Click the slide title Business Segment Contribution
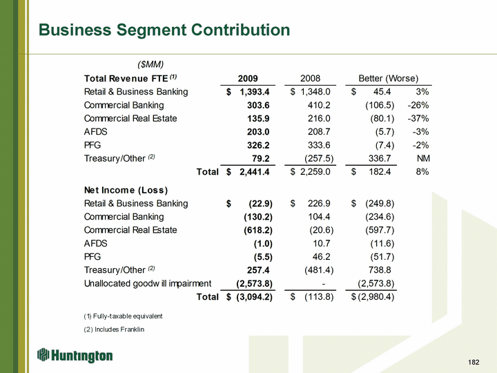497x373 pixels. point(164,30)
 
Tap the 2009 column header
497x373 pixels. point(248,78)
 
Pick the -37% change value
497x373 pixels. point(419,118)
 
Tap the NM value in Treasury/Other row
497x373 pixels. point(422,157)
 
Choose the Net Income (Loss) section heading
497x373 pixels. point(126,190)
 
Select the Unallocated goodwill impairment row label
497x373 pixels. point(148,283)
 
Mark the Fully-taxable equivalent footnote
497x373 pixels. point(124,316)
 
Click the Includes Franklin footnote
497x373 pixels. point(115,329)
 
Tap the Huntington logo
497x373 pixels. point(75,356)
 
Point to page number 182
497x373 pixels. point(473,362)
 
